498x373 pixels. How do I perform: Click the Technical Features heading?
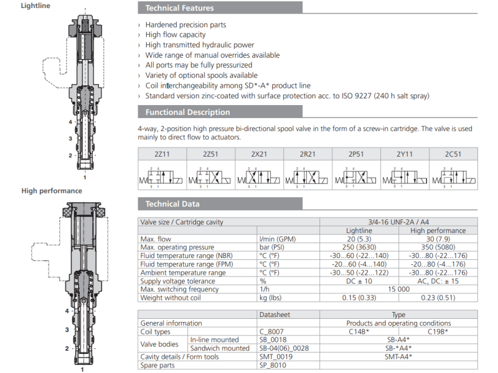pyautogui.click(x=179, y=8)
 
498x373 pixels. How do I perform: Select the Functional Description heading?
pyautogui.click(x=187, y=113)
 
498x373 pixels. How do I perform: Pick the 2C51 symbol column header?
pyautogui.click(x=453, y=154)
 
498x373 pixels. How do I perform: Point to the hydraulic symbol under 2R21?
pyautogui.click(x=308, y=177)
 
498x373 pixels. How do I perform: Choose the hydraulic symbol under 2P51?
pyautogui.click(x=355, y=177)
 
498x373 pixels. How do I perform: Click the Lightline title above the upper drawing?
pyautogui.click(x=36, y=6)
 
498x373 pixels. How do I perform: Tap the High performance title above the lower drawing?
pyautogui.click(x=52, y=191)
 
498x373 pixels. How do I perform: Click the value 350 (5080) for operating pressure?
pyautogui.click(x=438, y=247)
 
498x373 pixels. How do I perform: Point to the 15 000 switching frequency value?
pyautogui.click(x=398, y=289)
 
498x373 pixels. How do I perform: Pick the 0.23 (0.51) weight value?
pyautogui.click(x=438, y=298)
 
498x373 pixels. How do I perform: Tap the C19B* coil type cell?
pyautogui.click(x=438, y=331)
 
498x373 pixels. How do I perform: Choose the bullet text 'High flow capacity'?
pyautogui.click(x=176, y=35)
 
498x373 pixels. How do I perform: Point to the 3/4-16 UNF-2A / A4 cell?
pyautogui.click(x=398, y=222)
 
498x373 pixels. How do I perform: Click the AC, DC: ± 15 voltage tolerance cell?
pyautogui.click(x=438, y=281)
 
